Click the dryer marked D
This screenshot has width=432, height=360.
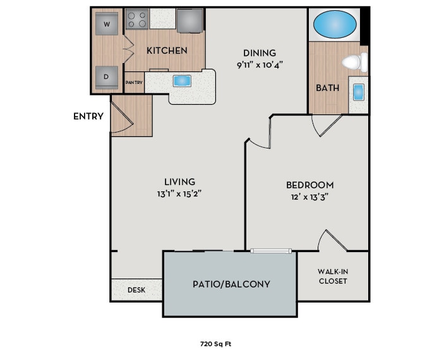point(107,77)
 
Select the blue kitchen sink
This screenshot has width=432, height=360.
point(182,81)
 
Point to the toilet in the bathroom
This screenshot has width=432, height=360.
point(354,62)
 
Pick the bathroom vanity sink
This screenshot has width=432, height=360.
point(359,92)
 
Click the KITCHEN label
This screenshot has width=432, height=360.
point(167,50)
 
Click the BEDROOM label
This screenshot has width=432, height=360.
point(309,184)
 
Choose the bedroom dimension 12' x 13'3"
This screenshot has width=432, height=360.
point(309,196)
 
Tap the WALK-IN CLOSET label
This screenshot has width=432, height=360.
point(333,276)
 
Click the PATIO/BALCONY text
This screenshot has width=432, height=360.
point(231,284)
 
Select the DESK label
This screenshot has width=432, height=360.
point(136,290)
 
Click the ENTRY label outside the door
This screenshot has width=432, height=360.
point(88,116)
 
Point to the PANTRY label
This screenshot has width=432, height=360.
point(134,82)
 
